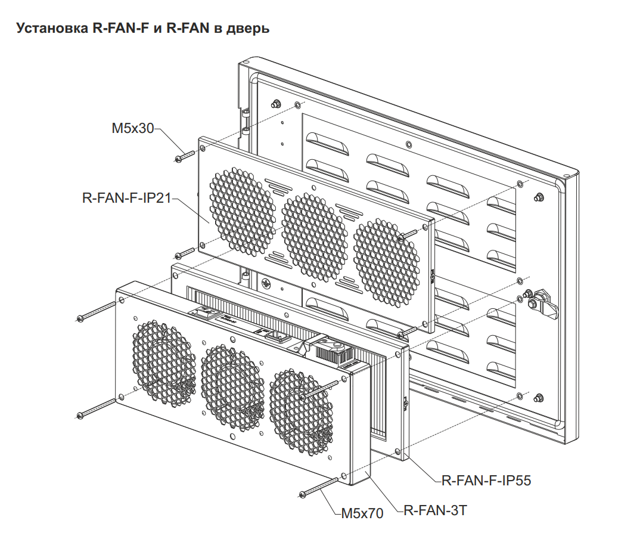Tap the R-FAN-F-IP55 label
pyautogui.click(x=486, y=480)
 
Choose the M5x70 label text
pyautogui.click(x=362, y=512)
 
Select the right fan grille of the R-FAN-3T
pyautogui.click(x=302, y=411)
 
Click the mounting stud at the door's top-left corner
pyautogui.click(x=275, y=104)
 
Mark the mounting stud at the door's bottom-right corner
pyautogui.click(x=539, y=398)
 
